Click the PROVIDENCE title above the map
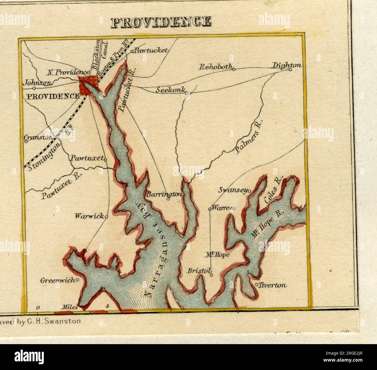161,22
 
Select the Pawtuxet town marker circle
106,160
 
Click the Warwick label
89,216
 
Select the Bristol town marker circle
211,275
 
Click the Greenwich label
57,280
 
